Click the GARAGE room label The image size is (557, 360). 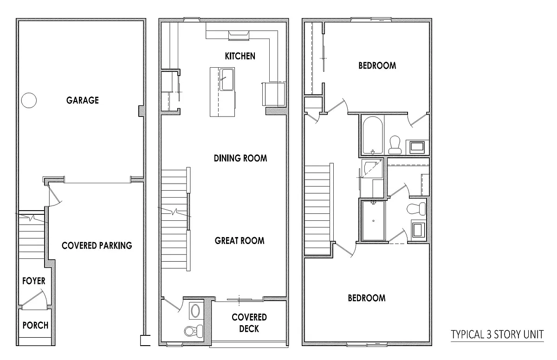tap(83, 100)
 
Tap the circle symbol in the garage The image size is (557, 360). tap(29, 100)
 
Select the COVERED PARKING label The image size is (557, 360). tap(97, 245)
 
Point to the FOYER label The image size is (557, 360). tap(34, 281)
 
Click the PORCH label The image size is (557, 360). tap(35, 325)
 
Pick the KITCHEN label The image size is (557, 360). tap(240, 56)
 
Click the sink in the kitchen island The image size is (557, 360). tap(227, 79)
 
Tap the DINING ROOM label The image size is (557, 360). tap(240, 158)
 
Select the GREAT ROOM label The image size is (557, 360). tap(240, 240)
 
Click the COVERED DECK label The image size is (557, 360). tap(249, 323)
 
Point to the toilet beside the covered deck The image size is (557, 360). tap(194, 331)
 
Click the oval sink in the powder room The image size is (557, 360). tap(195, 310)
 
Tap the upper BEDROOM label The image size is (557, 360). tap(377, 65)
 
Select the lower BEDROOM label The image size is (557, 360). tap(367, 298)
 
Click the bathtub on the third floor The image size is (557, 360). tap(373, 135)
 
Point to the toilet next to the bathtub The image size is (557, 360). tap(395, 145)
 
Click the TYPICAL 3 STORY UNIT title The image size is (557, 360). tap(497, 334)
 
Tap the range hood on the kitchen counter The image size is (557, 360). tap(239, 36)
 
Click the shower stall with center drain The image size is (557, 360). tap(374, 221)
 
